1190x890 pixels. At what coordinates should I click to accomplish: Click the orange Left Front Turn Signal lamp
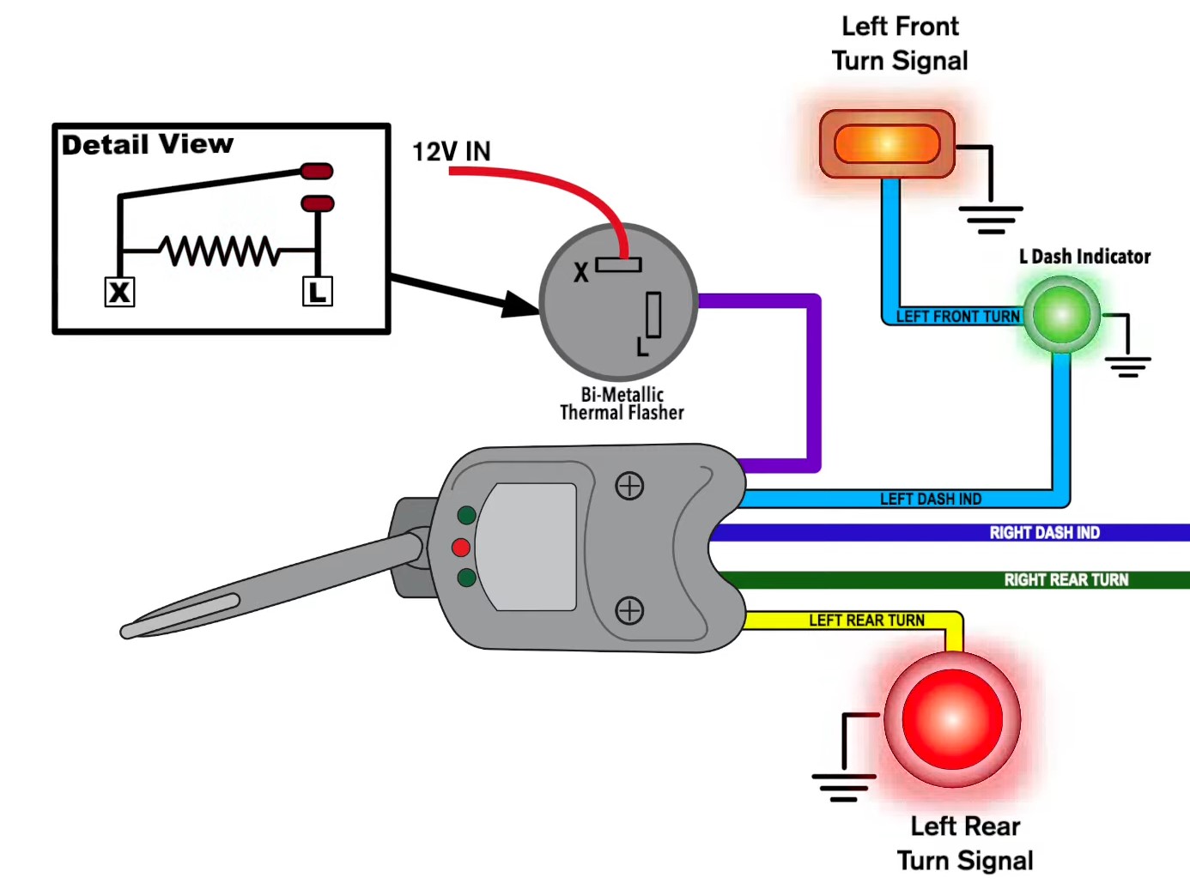click(x=887, y=144)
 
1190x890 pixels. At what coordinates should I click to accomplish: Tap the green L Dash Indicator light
click(x=1062, y=315)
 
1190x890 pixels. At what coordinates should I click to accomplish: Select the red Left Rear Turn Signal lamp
click(x=952, y=719)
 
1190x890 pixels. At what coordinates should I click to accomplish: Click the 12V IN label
click(x=452, y=152)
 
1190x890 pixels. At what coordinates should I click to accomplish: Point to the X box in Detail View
click(x=119, y=292)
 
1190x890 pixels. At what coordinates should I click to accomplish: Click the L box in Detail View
click(x=317, y=292)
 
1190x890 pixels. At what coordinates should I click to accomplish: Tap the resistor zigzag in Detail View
click(x=221, y=251)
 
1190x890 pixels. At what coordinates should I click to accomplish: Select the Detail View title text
click(x=147, y=144)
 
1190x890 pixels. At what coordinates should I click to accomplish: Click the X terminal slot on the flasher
click(x=618, y=265)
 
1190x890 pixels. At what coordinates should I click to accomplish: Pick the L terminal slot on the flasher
click(x=653, y=315)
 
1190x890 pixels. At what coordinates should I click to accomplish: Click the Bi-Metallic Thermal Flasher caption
click(x=622, y=403)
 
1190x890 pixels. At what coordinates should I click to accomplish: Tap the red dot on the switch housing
click(x=461, y=548)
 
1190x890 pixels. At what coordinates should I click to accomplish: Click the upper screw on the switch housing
click(x=629, y=486)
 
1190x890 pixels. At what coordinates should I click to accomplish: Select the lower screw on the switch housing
click(x=629, y=611)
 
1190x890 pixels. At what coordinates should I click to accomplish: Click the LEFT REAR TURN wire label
click(x=866, y=621)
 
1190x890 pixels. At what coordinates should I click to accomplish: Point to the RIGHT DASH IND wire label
click(x=1044, y=533)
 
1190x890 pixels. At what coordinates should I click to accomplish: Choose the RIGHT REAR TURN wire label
click(x=1066, y=580)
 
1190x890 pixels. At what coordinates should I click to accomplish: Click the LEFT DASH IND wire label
click(x=930, y=499)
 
